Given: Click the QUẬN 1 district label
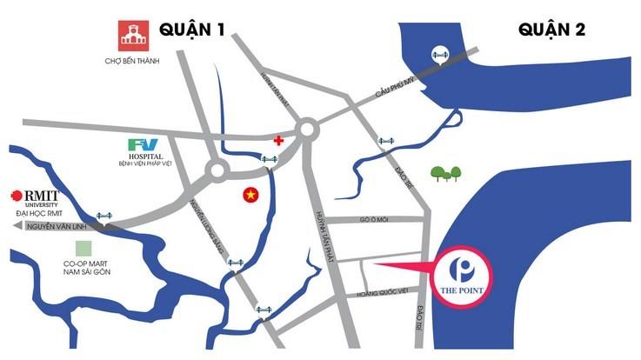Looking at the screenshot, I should click(x=192, y=30).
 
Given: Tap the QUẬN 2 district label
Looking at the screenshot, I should click(x=552, y=30).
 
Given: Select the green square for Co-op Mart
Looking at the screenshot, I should click(x=83, y=250).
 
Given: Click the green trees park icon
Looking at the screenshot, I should click(x=447, y=174).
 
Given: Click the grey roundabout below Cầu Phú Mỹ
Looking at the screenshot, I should click(x=307, y=130).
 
